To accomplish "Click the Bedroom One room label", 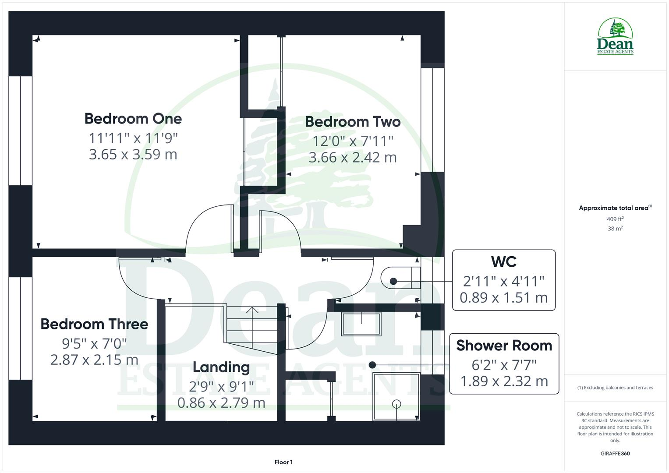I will click(x=133, y=119).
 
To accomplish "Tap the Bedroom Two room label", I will click(x=353, y=122).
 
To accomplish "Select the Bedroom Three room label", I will click(x=94, y=324).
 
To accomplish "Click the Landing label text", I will click(x=221, y=367).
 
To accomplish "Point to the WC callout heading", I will click(x=503, y=262).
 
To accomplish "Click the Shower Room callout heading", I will click(x=504, y=346).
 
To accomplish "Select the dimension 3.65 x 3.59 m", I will click(x=133, y=155).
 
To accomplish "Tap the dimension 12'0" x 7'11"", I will click(x=353, y=141).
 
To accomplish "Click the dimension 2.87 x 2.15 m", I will click(x=94, y=360).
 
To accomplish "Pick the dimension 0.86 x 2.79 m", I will click(x=221, y=403).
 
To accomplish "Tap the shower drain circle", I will click(x=396, y=404).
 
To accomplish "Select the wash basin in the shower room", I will click(x=361, y=324).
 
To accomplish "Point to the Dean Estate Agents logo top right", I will click(x=615, y=37).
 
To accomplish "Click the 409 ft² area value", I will click(x=615, y=219).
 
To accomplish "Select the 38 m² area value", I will click(x=615, y=229).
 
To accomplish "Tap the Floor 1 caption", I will click(x=283, y=462).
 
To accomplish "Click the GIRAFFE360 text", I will click(x=615, y=454).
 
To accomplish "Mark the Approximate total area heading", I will click(x=614, y=208).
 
